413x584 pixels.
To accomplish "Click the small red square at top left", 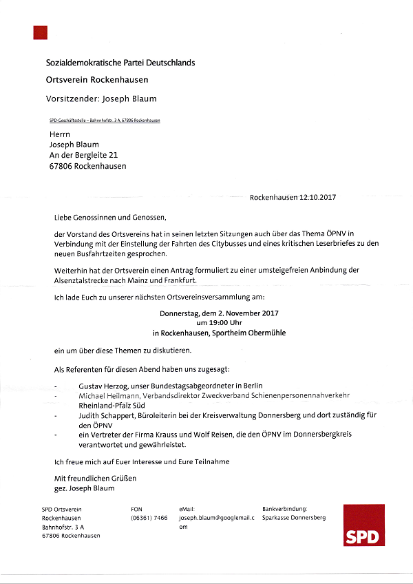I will click(x=40, y=32).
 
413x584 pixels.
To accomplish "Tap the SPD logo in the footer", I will click(x=364, y=525).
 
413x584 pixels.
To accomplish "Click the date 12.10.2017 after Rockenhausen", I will click(x=318, y=197).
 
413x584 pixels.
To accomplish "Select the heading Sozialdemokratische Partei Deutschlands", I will click(x=120, y=63).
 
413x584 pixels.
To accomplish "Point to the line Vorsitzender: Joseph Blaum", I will click(x=101, y=98).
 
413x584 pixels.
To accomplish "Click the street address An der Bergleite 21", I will click(x=83, y=156).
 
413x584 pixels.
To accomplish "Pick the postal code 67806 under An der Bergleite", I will click(x=61, y=166).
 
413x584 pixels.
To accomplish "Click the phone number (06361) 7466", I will click(x=149, y=518).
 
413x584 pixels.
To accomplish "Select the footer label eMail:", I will click(x=188, y=509).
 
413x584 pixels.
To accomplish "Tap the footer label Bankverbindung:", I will click(x=286, y=509).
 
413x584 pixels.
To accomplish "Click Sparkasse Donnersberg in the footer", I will click(x=294, y=518).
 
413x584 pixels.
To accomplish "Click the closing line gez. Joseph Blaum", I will click(x=85, y=488).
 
